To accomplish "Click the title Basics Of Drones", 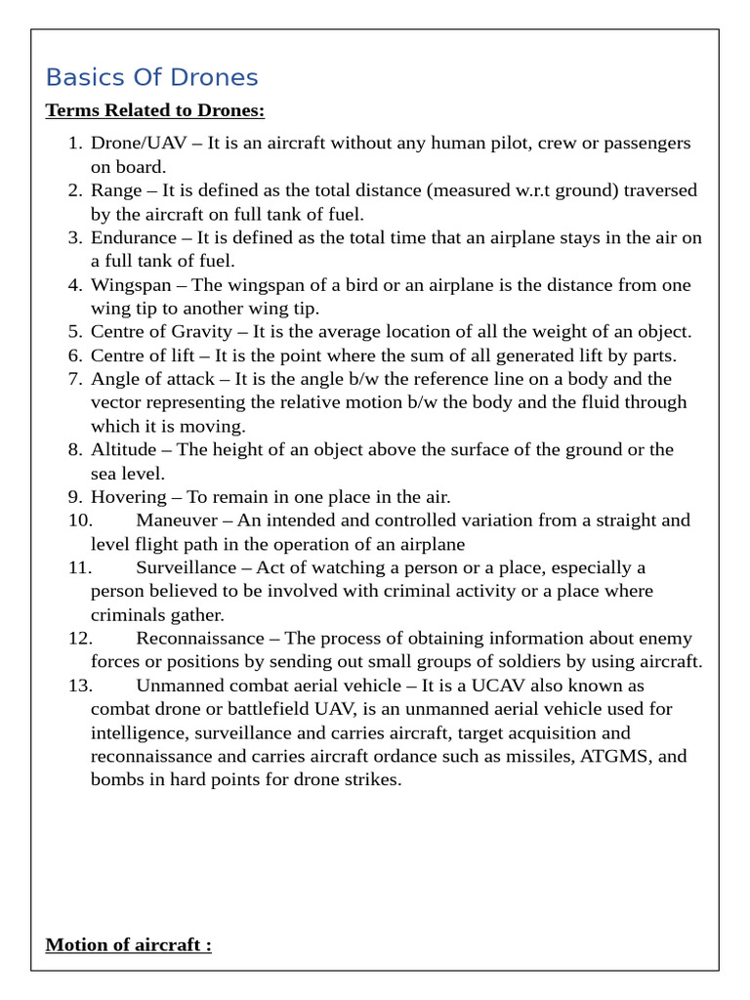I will pos(151,77).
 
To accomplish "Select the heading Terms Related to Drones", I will pos(155,109).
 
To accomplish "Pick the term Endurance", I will pos(132,237).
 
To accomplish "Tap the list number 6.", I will pos(75,355).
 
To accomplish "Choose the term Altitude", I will pos(123,450).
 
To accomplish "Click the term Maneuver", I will pos(175,521).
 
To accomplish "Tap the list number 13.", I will pos(79,686).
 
